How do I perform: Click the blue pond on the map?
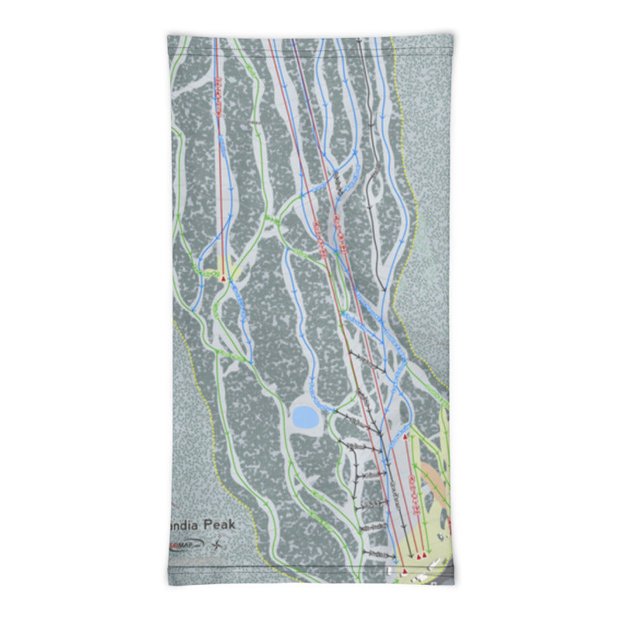[305, 419]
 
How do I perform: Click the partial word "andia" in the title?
[183, 524]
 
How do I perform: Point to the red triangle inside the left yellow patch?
[224, 276]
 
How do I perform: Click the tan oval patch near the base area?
[435, 479]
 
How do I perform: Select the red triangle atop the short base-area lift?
[405, 437]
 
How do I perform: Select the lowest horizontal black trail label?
[377, 556]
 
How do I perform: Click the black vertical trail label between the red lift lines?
[337, 183]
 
